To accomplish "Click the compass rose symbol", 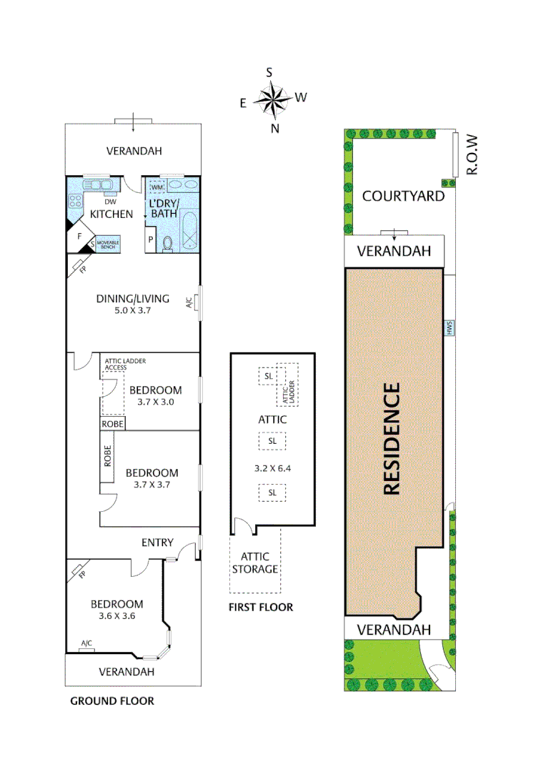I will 272,100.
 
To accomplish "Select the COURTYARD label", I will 403,196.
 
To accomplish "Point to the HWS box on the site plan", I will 450,328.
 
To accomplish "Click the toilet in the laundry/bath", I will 168,243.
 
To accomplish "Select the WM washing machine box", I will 157,187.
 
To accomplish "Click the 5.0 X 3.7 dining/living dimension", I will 132,311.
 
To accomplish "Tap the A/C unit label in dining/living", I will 190,302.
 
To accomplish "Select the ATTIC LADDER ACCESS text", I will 125,364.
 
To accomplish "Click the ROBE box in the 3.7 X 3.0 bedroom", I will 112,423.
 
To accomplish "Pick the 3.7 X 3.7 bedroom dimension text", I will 152,485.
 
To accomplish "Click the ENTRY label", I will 157,543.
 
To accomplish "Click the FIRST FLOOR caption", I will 260,608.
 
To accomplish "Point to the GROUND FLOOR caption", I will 111,701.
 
